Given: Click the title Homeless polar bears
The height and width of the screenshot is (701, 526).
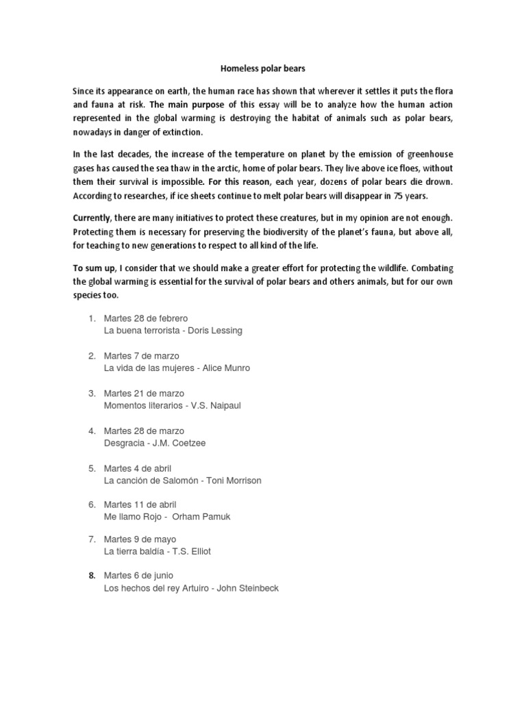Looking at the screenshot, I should click(262, 68).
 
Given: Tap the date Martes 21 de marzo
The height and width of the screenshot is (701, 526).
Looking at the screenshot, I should click(145, 393).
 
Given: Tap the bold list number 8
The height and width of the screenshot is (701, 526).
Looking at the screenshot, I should click(91, 575).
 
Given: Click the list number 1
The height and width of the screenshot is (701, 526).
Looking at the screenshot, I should click(91, 318).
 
